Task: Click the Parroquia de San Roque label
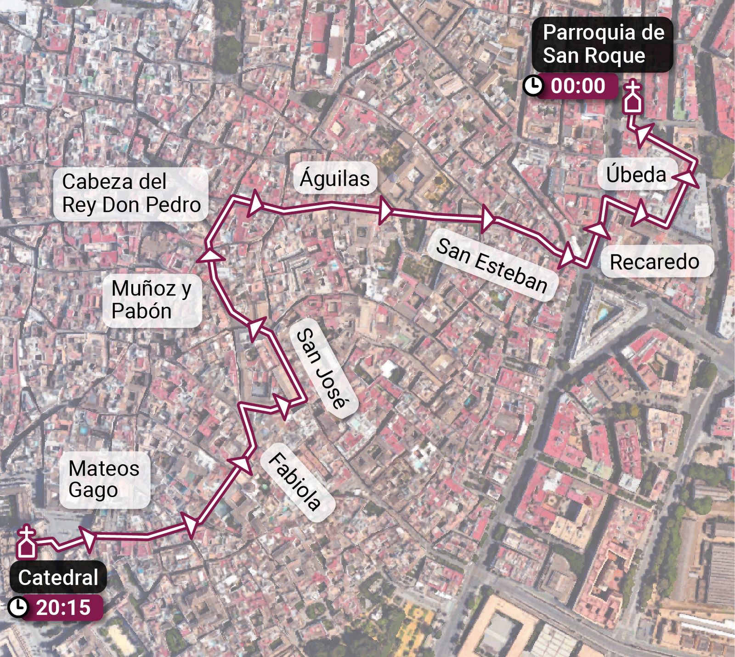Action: click(603, 44)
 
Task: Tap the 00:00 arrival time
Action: click(578, 86)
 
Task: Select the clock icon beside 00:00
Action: click(533, 86)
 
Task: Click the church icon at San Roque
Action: click(633, 98)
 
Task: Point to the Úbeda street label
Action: click(636, 175)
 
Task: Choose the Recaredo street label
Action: click(654, 262)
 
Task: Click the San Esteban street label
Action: click(492, 266)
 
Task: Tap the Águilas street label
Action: click(334, 178)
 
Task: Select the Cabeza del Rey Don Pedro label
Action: click(131, 193)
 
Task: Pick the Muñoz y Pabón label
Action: click(151, 300)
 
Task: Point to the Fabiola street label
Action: click(294, 481)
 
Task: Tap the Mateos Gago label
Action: click(104, 479)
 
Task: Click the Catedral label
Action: click(58, 577)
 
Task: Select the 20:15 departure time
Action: click(63, 607)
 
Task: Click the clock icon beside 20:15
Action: click(18, 607)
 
